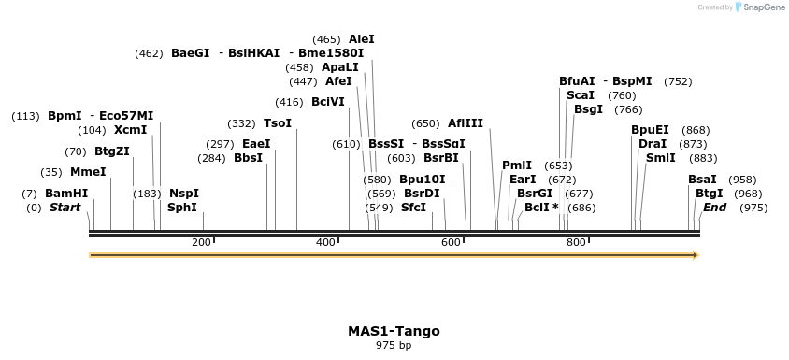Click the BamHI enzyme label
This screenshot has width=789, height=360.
66,194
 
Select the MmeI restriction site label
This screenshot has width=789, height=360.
88,172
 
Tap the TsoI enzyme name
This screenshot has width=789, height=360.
278,123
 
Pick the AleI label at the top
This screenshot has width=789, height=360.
361,39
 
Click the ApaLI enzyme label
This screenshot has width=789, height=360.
339,67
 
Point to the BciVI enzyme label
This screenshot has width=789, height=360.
328,102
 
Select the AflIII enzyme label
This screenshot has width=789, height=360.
466,123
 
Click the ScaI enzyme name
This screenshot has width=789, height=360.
581,95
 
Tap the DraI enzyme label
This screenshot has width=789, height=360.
653,144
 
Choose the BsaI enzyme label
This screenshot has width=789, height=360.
702,180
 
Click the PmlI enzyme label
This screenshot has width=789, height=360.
517,166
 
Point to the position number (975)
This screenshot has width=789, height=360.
753,208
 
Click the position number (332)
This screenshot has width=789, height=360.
241,123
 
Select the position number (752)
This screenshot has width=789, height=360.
678,81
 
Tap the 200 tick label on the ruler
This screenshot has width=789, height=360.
201,243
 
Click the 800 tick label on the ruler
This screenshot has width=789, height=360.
575,243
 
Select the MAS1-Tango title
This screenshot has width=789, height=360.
394,331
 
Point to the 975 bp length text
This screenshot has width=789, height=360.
394,346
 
